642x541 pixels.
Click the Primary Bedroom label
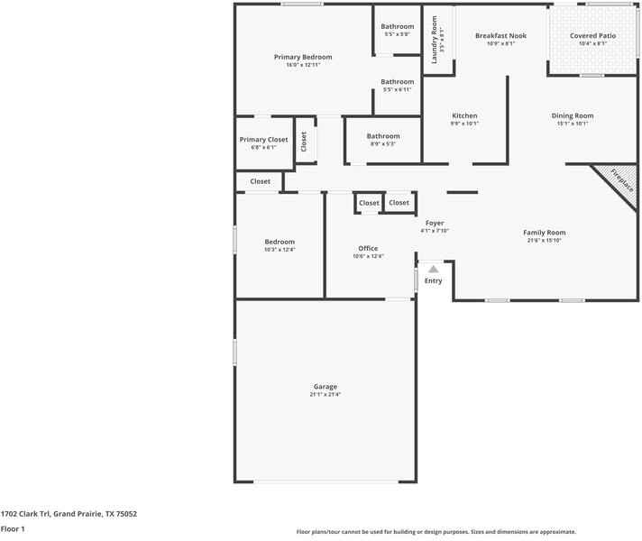[303, 57]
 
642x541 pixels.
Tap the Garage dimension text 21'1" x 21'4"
[325, 395]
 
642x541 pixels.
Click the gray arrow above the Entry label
[434, 269]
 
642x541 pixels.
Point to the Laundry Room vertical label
[434, 40]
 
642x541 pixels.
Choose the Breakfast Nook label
[500, 36]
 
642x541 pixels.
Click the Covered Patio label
[594, 36]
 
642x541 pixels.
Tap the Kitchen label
[464, 115]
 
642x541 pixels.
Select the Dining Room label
[573, 115]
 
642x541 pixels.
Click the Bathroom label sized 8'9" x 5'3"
[383, 136]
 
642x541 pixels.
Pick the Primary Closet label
[263, 140]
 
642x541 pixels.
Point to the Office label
[368, 248]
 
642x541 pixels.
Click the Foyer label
[435, 223]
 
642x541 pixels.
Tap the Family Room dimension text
[544, 241]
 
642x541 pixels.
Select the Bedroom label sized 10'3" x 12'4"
[280, 242]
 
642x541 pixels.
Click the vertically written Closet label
[305, 142]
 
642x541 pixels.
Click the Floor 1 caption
[13, 529]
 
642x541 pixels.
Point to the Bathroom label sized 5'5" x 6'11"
[397, 82]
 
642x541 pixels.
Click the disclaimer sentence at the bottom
[436, 532]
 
